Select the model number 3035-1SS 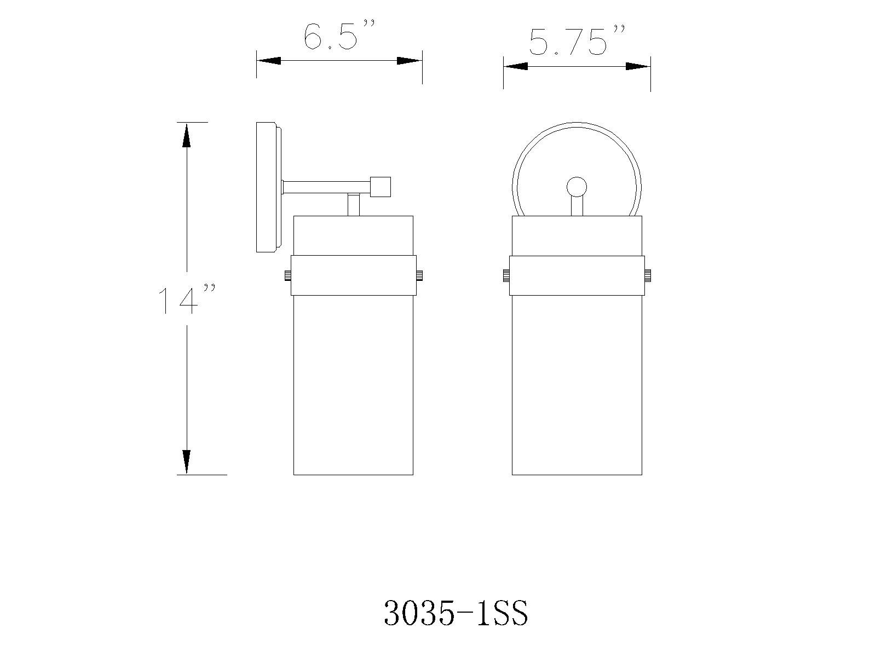(456, 613)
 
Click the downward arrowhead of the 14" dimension (187, 462)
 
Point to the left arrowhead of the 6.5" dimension (269, 61)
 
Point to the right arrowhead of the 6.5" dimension (410, 61)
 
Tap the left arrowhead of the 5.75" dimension (516, 66)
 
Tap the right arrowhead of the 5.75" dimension (638, 66)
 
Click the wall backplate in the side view (267, 187)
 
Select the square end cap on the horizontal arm (381, 187)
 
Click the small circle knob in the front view (577, 187)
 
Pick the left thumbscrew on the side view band (287, 275)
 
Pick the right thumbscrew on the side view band (420, 275)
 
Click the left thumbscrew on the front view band (506, 275)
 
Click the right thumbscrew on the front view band (647, 275)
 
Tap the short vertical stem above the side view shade (354, 205)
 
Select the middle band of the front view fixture (577, 275)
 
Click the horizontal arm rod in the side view (326, 187)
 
